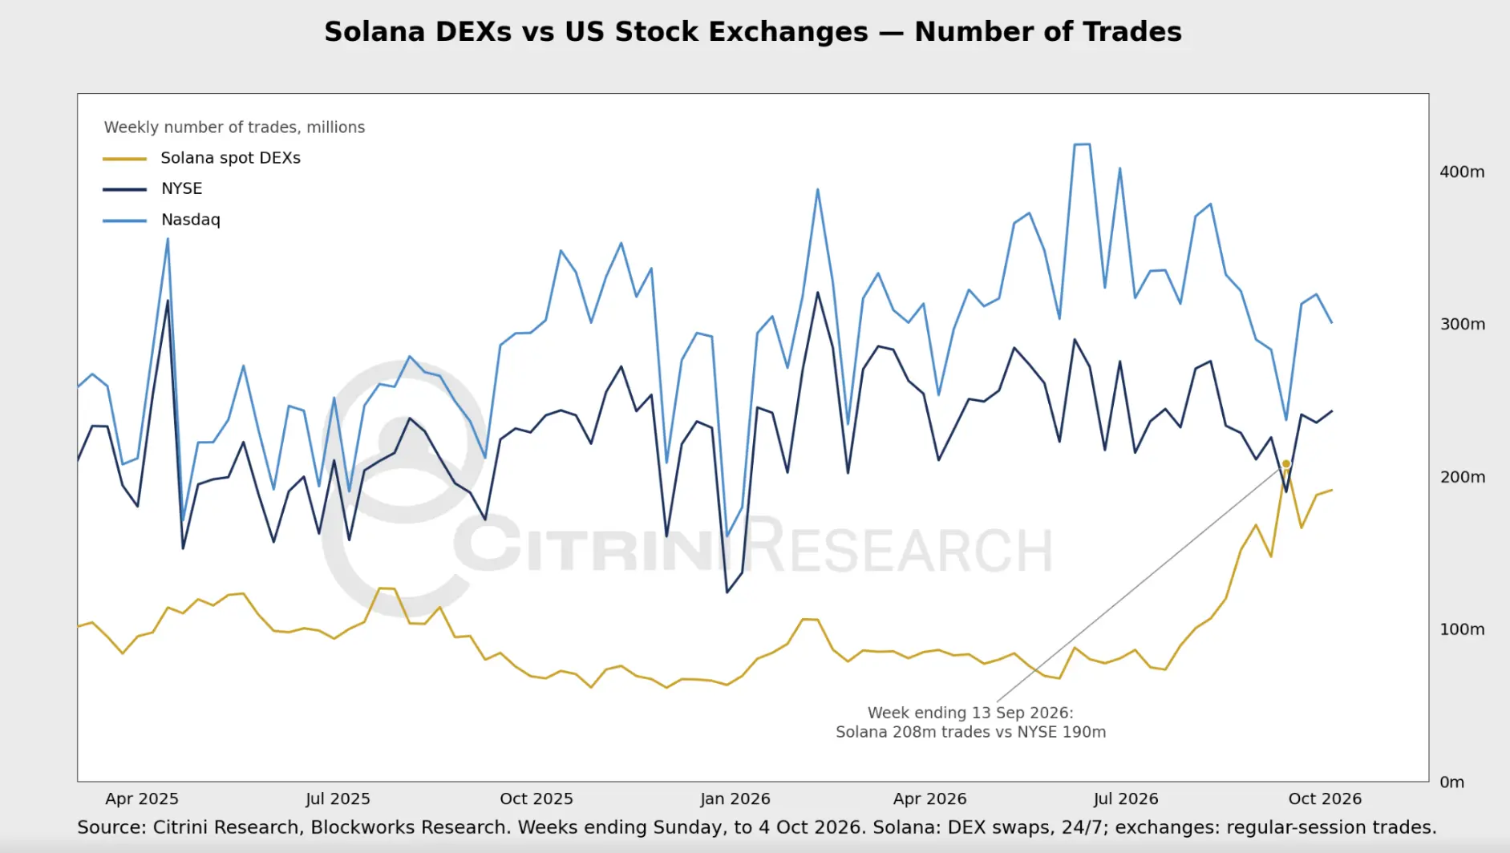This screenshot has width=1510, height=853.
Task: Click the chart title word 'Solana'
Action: pyautogui.click(x=374, y=32)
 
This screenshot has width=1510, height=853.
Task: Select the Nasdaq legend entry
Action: pyautogui.click(x=161, y=220)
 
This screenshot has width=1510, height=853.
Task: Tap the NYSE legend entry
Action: pyautogui.click(x=152, y=188)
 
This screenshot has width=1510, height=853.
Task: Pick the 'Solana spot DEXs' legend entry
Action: pyautogui.click(x=201, y=158)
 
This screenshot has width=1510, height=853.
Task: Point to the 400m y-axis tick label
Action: pyautogui.click(x=1462, y=172)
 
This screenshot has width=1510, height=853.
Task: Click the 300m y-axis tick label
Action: pyautogui.click(x=1462, y=324)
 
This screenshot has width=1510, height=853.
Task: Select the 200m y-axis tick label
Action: pyautogui.click(x=1462, y=477)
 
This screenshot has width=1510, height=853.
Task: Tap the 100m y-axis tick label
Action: pyautogui.click(x=1462, y=629)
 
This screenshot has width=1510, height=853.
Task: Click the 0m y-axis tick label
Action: pyautogui.click(x=1451, y=782)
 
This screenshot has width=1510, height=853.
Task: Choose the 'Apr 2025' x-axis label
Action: pyautogui.click(x=142, y=799)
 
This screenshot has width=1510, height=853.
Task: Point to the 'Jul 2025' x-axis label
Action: pyautogui.click(x=338, y=799)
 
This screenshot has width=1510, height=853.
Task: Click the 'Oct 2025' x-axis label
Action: pyautogui.click(x=536, y=799)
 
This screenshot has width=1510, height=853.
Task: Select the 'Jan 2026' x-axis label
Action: pyautogui.click(x=735, y=799)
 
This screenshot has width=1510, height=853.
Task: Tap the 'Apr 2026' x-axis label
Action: pyautogui.click(x=930, y=799)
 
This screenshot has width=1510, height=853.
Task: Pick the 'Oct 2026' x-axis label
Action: pyautogui.click(x=1325, y=799)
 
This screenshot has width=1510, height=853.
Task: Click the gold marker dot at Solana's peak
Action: pyautogui.click(x=1286, y=464)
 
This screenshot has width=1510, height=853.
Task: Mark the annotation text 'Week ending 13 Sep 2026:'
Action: pyautogui.click(x=970, y=713)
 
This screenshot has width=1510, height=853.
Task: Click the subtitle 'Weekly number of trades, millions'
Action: pyautogui.click(x=234, y=127)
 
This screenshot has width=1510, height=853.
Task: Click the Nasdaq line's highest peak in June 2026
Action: pyautogui.click(x=1082, y=144)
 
